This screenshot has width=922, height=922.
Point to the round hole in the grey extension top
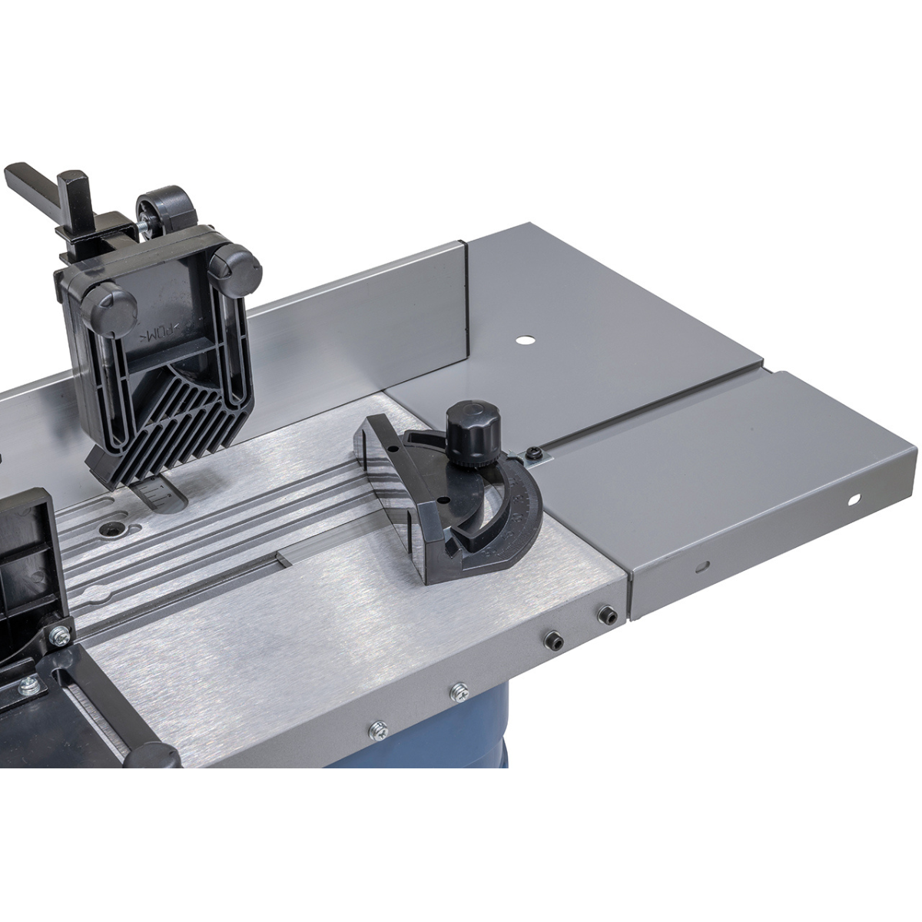pyautogui.click(x=525, y=339)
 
